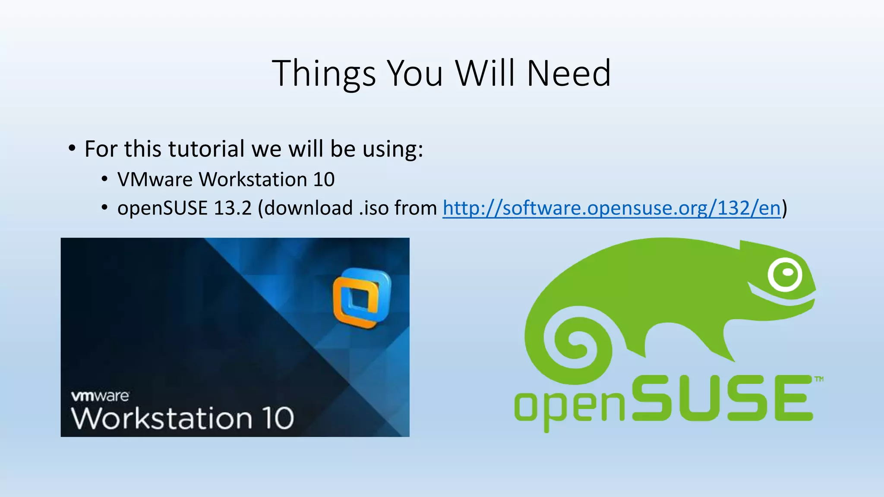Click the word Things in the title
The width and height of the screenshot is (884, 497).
click(324, 74)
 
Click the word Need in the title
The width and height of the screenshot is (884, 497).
click(568, 74)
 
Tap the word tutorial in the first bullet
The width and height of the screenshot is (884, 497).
click(206, 149)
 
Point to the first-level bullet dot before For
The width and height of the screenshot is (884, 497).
click(72, 149)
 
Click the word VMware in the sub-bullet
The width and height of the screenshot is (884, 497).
click(155, 179)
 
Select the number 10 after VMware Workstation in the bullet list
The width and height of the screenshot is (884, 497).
click(324, 179)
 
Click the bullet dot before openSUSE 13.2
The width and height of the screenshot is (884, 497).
click(104, 208)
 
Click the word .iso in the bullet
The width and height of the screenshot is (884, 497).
click(374, 208)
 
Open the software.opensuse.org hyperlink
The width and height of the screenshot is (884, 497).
click(612, 208)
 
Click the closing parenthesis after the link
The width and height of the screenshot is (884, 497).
click(785, 208)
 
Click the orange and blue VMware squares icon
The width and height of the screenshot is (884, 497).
click(362, 298)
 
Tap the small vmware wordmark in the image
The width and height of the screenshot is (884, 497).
click(100, 396)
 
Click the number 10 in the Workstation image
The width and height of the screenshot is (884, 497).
click(279, 418)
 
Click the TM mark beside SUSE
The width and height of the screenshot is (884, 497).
click(818, 379)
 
